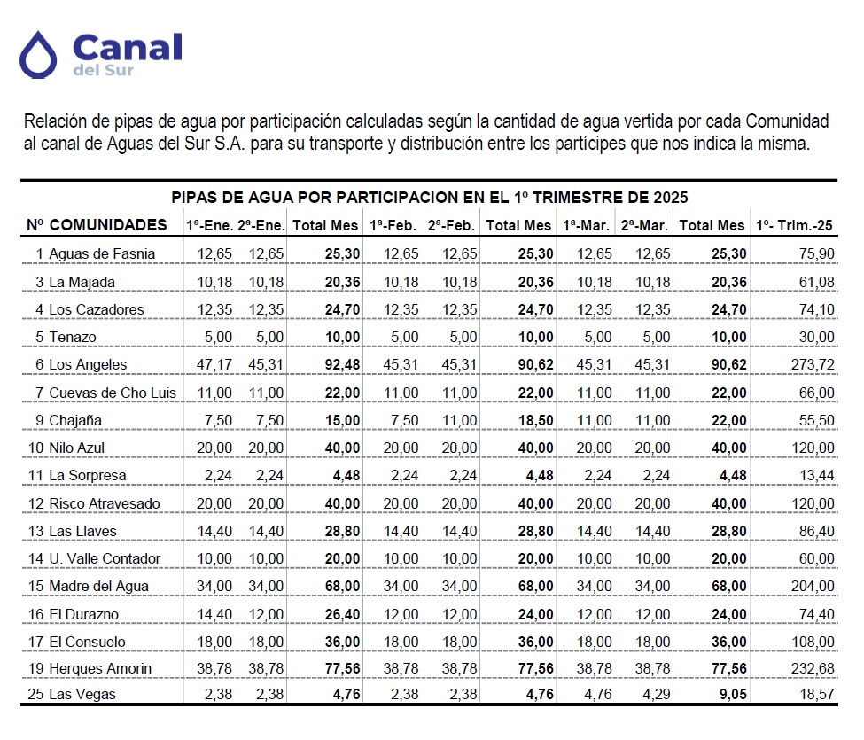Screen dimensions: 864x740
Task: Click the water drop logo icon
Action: (38, 55)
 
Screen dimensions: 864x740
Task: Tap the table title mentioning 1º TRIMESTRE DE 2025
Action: (429, 198)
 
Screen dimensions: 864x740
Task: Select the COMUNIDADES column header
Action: (108, 225)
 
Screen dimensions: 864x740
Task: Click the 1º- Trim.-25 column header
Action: (794, 225)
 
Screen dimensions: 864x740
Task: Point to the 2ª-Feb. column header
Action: (451, 225)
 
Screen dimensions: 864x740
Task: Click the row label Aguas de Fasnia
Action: (102, 254)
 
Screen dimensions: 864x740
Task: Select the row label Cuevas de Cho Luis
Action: (113, 393)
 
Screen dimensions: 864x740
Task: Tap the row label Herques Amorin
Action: (100, 668)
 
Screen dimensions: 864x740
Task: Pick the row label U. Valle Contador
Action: (105, 558)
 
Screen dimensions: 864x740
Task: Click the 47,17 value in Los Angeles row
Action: (214, 365)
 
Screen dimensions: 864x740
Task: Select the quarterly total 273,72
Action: (813, 365)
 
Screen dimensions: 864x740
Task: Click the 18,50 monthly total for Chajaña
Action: (535, 420)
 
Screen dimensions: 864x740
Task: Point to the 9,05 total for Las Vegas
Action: (733, 694)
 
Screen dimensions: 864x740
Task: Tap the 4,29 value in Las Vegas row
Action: (657, 694)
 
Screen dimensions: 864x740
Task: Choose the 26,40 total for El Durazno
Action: (342, 614)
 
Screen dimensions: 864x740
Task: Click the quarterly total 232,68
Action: (813, 668)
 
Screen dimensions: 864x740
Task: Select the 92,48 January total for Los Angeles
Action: (342, 365)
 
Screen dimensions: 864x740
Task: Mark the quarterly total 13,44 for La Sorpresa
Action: (817, 476)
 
